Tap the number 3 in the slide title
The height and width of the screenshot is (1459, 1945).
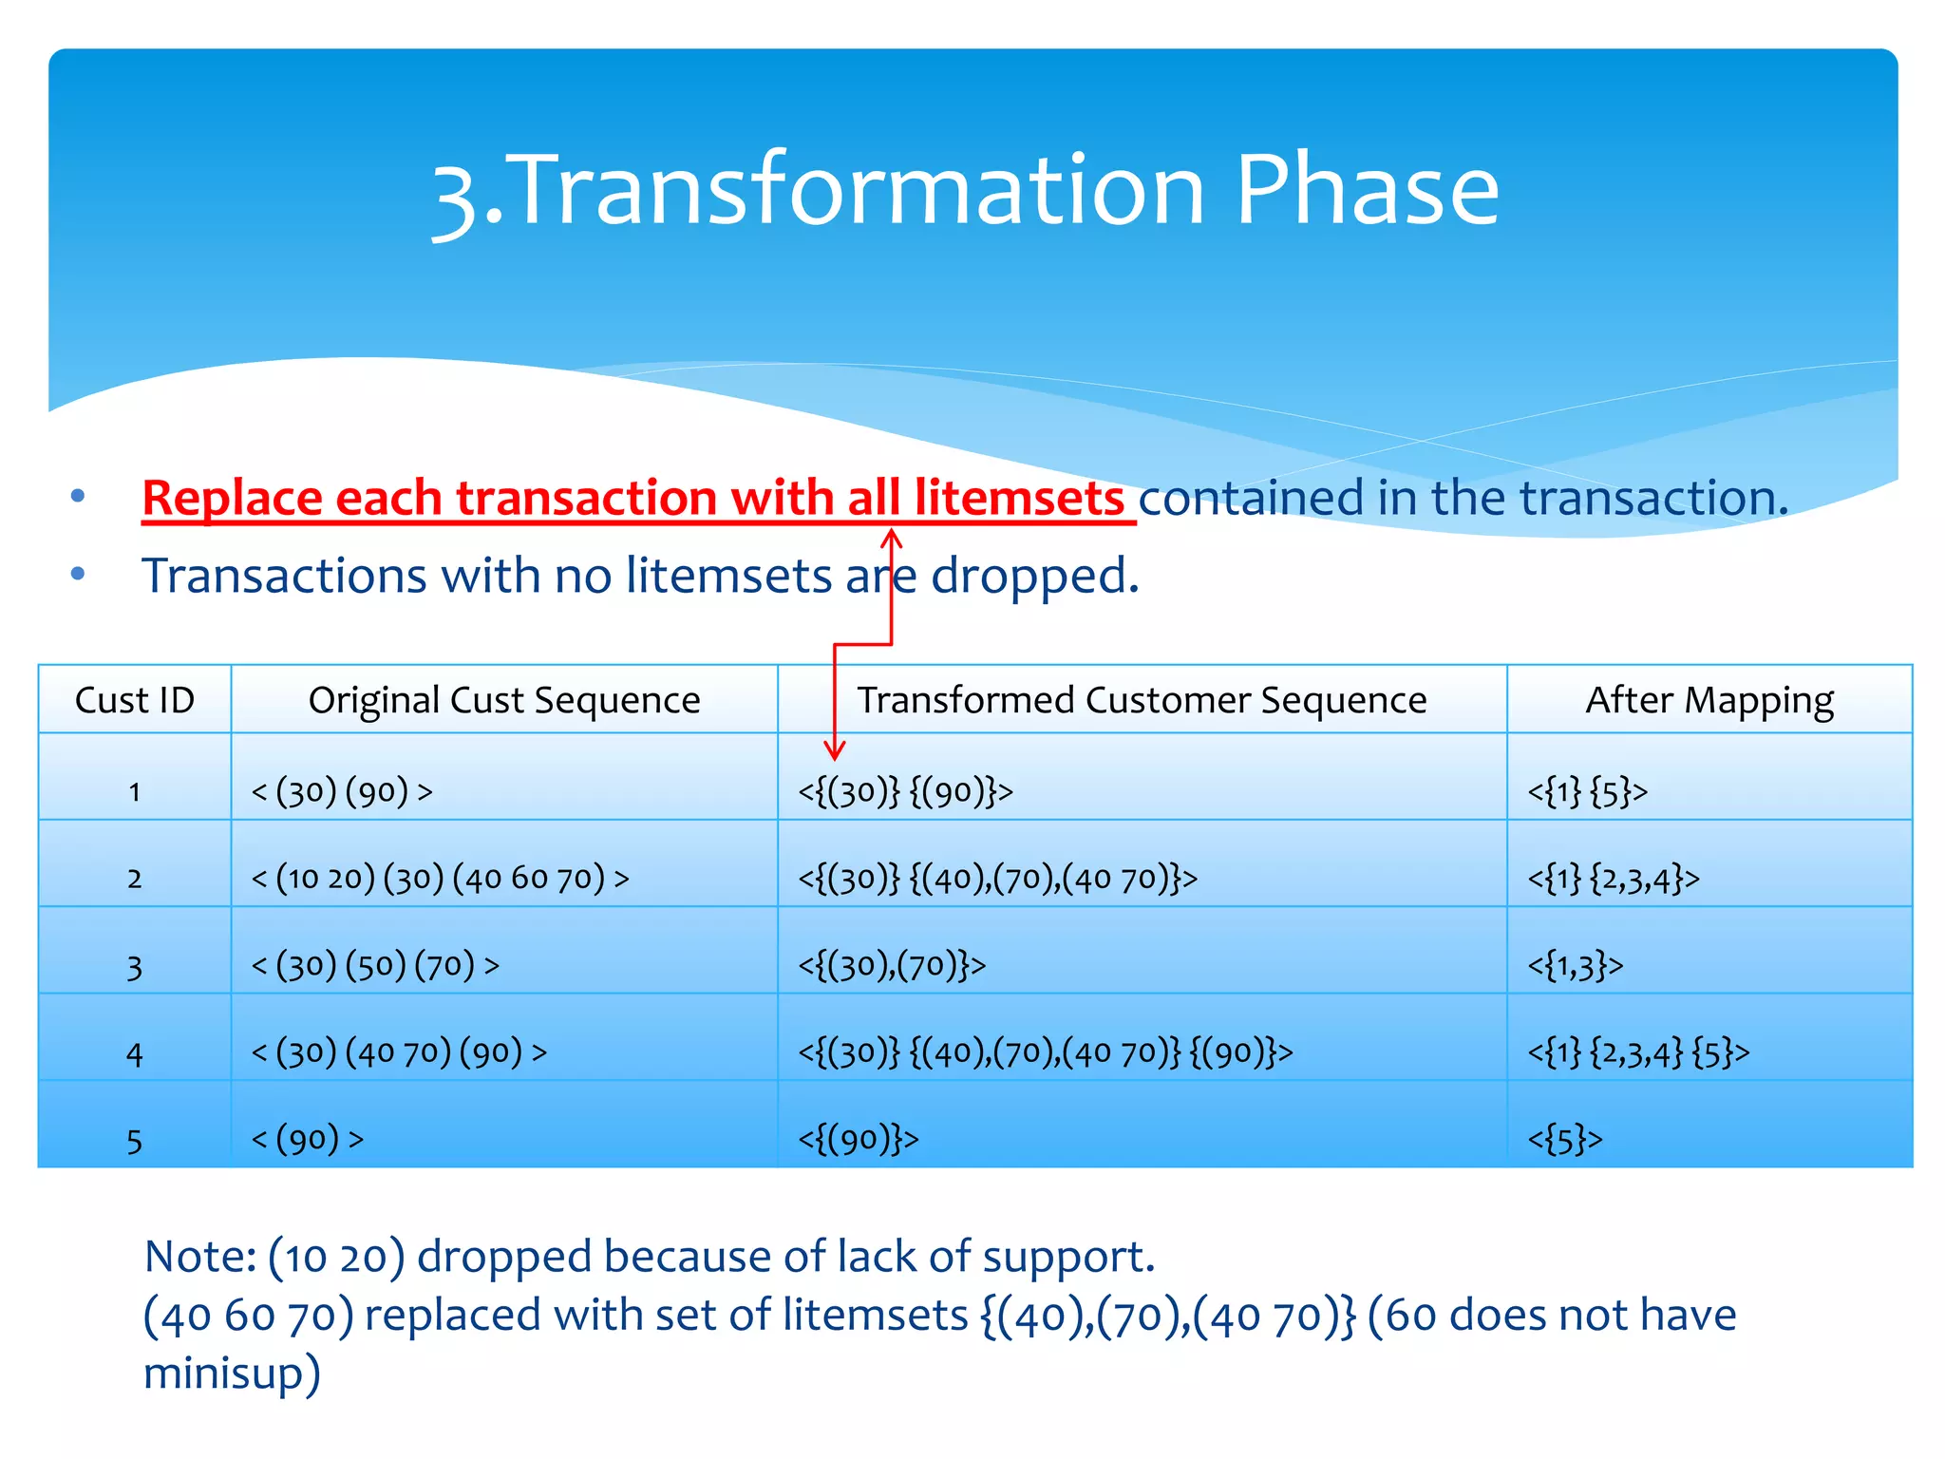pyautogui.click(x=454, y=198)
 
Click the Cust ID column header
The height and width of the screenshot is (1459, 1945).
pyautogui.click(x=134, y=700)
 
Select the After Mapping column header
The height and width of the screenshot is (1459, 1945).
pyautogui.click(x=1709, y=700)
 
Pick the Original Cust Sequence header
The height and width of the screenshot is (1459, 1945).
pyautogui.click(x=503, y=700)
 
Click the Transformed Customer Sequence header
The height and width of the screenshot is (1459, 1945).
pyautogui.click(x=1142, y=700)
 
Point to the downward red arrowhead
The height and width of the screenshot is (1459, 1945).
pyautogui.click(x=834, y=750)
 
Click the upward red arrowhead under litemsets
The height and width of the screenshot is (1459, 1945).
pyautogui.click(x=891, y=540)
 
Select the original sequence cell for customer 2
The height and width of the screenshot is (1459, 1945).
pyautogui.click(x=440, y=878)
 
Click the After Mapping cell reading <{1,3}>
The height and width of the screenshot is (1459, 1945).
pyautogui.click(x=1575, y=965)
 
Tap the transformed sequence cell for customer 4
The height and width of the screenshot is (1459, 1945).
pyautogui.click(x=1045, y=1052)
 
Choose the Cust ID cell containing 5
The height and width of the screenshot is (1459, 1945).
pyautogui.click(x=134, y=1140)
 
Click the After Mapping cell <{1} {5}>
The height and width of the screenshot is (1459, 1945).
pyautogui.click(x=1587, y=791)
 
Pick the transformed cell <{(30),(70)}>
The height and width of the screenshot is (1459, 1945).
pyautogui.click(x=891, y=965)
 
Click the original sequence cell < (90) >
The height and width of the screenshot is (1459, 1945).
pyautogui.click(x=307, y=1139)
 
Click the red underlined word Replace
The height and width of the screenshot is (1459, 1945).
pyautogui.click(x=232, y=498)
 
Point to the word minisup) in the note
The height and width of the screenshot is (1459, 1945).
pyautogui.click(x=232, y=1374)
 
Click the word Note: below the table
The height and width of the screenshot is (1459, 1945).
pyautogui.click(x=199, y=1256)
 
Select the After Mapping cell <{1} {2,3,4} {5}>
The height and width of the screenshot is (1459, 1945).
pyautogui.click(x=1637, y=1052)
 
